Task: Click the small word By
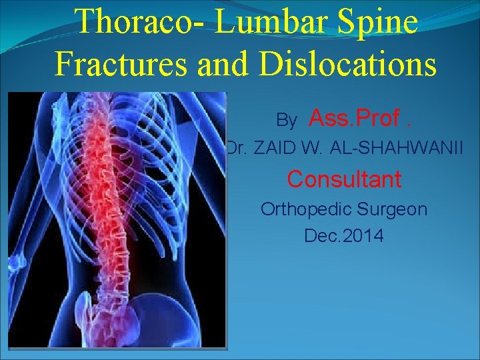[287, 121]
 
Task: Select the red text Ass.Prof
[360, 118]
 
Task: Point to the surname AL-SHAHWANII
[396, 149]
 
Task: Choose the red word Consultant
[344, 179]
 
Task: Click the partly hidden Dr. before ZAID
[232, 149]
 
